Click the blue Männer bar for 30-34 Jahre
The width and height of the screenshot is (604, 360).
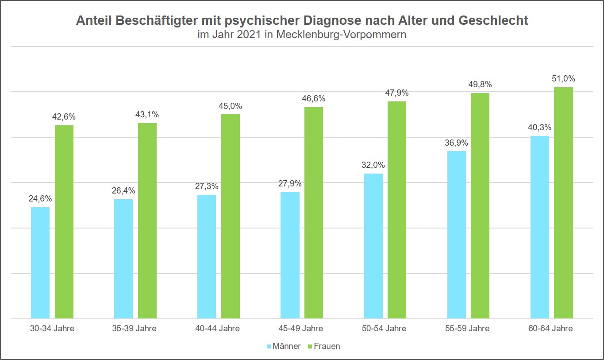(40, 263)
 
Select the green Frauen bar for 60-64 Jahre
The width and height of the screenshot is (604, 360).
(563, 203)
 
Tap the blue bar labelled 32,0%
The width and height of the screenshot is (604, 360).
(373, 246)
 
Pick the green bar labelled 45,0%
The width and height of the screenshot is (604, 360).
(231, 216)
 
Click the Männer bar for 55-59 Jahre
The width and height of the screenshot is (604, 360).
(456, 235)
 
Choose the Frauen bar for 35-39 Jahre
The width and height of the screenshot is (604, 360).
(147, 221)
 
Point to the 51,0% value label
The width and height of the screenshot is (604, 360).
(563, 79)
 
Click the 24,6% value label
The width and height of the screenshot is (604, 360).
(40, 199)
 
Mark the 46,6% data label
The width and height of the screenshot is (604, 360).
(314, 99)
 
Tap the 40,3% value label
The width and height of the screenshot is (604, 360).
(539, 128)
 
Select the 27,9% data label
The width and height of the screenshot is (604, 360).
(290, 184)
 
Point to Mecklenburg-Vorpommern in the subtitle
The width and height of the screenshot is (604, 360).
(341, 35)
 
